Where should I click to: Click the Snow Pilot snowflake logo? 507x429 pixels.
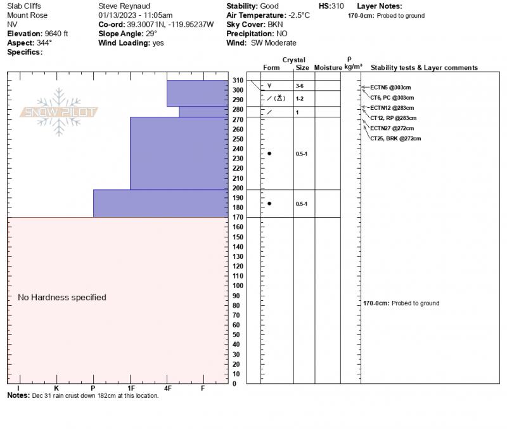[60, 112]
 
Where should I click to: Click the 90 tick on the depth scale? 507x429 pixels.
[236, 296]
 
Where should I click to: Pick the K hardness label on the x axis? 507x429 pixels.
[56, 388]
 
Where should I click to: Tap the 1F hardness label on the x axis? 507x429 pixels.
[131, 388]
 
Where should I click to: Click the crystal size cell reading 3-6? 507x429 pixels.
[300, 86]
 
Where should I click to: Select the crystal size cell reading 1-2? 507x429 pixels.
[300, 99]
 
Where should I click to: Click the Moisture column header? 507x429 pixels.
[328, 67]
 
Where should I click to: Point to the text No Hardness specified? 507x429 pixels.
[62, 298]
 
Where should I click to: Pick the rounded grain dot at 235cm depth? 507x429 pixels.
[269, 154]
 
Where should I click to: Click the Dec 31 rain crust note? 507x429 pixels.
[95, 396]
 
